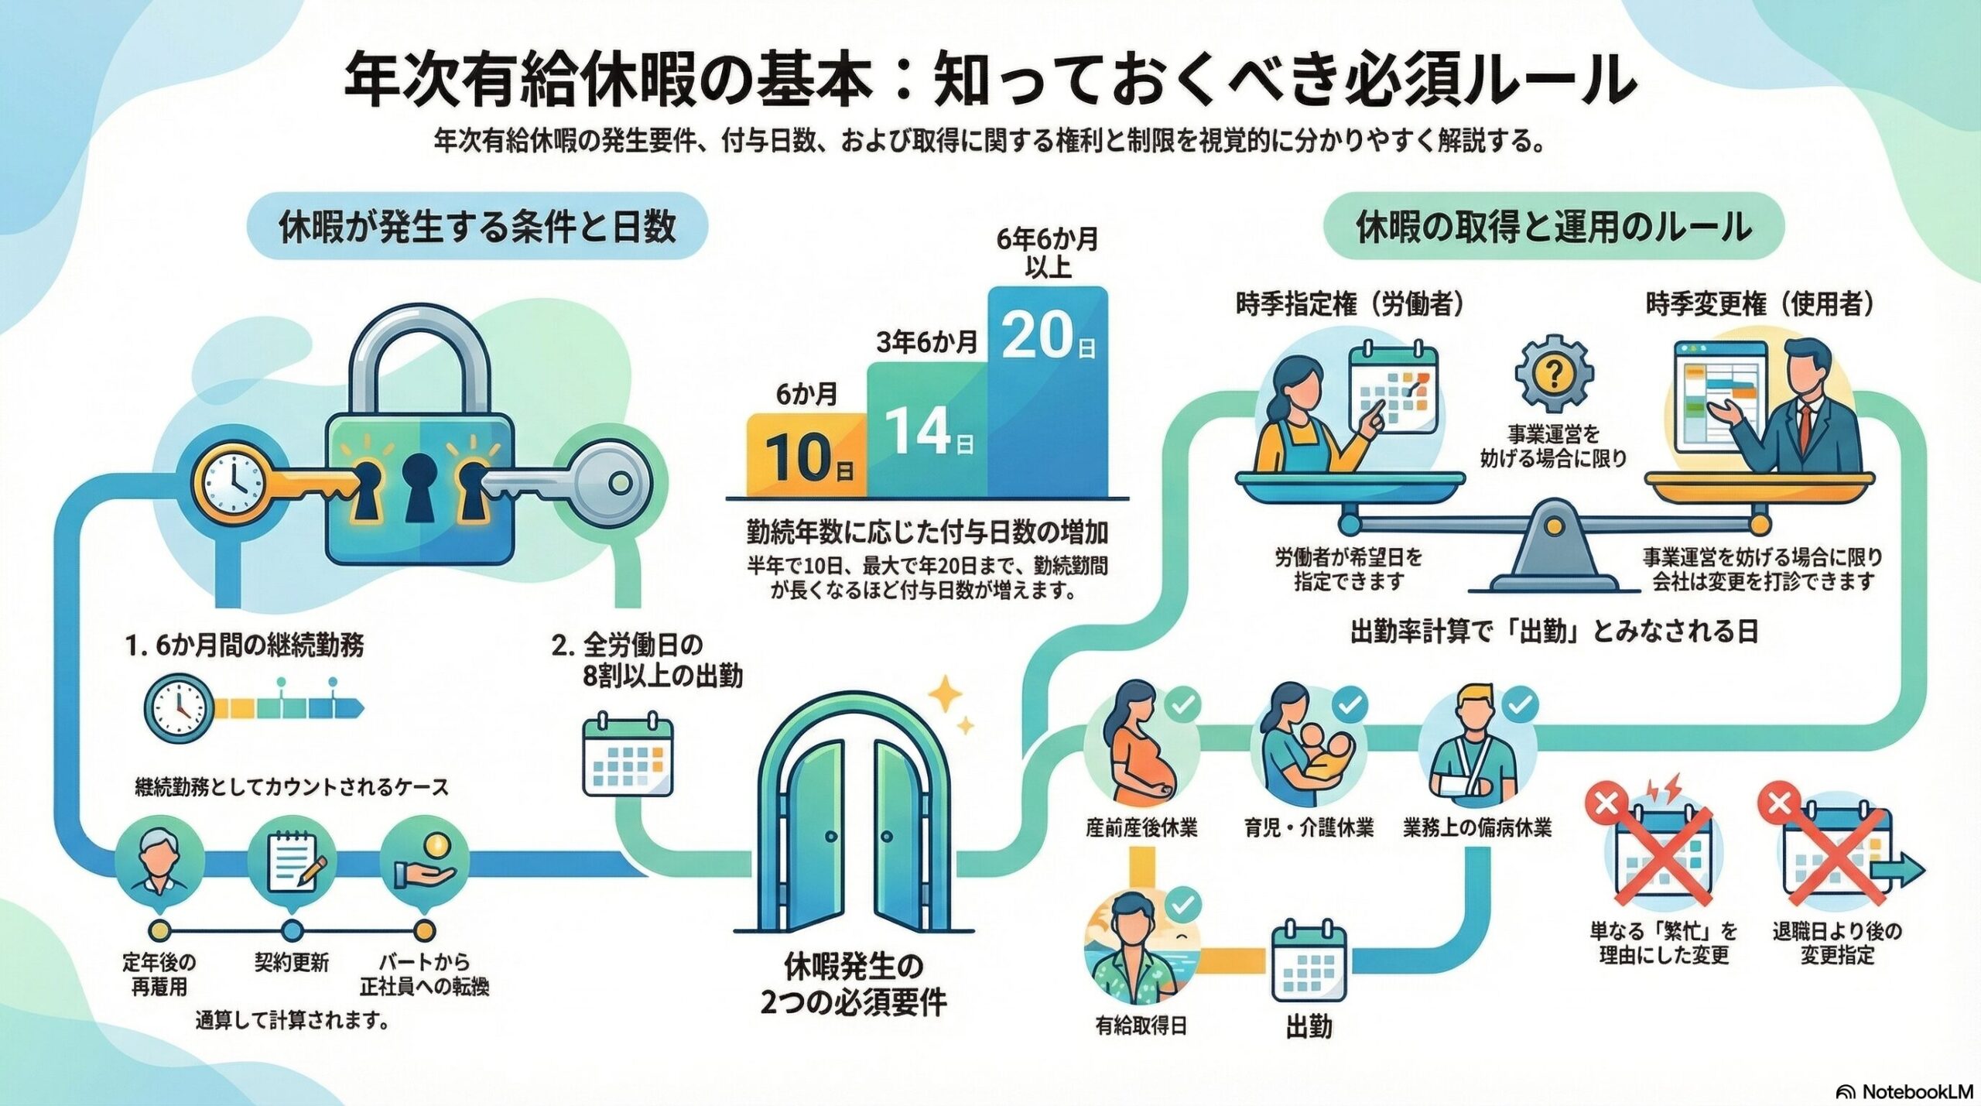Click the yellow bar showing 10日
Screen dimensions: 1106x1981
pos(806,455)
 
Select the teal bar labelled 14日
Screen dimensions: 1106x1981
pos(927,430)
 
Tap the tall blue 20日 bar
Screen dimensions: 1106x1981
pos(1048,391)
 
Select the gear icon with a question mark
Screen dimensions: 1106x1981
pos(1552,375)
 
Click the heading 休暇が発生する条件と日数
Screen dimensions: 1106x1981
pos(477,226)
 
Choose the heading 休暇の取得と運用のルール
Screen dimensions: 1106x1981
pos(1554,226)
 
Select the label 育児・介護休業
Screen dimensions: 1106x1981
pos(1309,828)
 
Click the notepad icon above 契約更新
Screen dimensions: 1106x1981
pos(292,864)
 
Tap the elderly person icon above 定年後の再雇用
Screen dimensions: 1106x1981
pos(159,864)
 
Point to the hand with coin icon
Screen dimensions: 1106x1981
pos(424,864)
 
